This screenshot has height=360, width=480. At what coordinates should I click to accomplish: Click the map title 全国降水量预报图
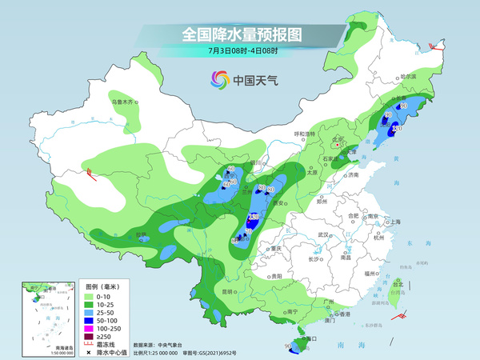[x=239, y=35]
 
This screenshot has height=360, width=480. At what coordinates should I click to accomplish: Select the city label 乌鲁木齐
[x=125, y=102]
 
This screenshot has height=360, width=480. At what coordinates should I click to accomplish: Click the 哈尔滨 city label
[x=408, y=76]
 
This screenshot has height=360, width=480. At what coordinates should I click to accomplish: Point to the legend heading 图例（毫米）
[x=102, y=286]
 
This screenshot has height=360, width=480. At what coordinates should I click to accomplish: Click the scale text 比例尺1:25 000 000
[x=161, y=352]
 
